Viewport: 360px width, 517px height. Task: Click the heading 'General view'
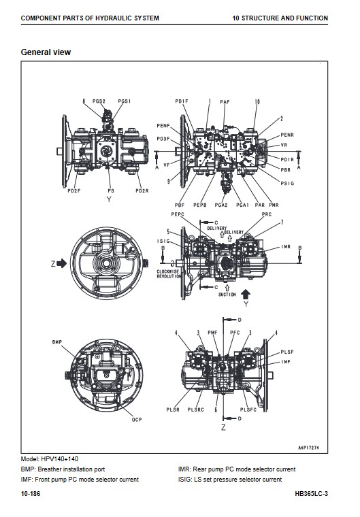click(x=46, y=52)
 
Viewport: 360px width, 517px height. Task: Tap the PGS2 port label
click(x=99, y=101)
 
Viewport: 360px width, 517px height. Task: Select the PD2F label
click(x=74, y=190)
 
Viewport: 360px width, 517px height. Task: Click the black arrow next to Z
click(x=62, y=263)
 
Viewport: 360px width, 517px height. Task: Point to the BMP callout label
click(x=56, y=342)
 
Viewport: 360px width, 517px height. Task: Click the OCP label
click(x=137, y=420)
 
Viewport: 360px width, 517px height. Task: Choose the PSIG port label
click(x=287, y=183)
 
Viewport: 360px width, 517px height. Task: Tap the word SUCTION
click(x=227, y=295)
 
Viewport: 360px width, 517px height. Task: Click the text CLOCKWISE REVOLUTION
click(x=168, y=274)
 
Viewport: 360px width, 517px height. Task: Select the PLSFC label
click(x=248, y=410)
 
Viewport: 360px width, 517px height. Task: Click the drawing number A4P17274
click(x=308, y=448)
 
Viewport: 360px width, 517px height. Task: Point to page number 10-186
click(x=31, y=494)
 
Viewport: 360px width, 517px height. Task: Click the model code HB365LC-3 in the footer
click(x=312, y=494)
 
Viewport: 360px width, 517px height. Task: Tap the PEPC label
click(x=178, y=214)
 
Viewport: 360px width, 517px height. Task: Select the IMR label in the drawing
click(x=286, y=247)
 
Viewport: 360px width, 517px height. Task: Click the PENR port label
click(x=287, y=135)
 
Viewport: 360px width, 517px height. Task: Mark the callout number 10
click(x=257, y=101)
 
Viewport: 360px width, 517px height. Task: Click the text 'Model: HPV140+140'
click(x=50, y=458)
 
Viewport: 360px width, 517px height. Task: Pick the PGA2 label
click(x=221, y=205)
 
